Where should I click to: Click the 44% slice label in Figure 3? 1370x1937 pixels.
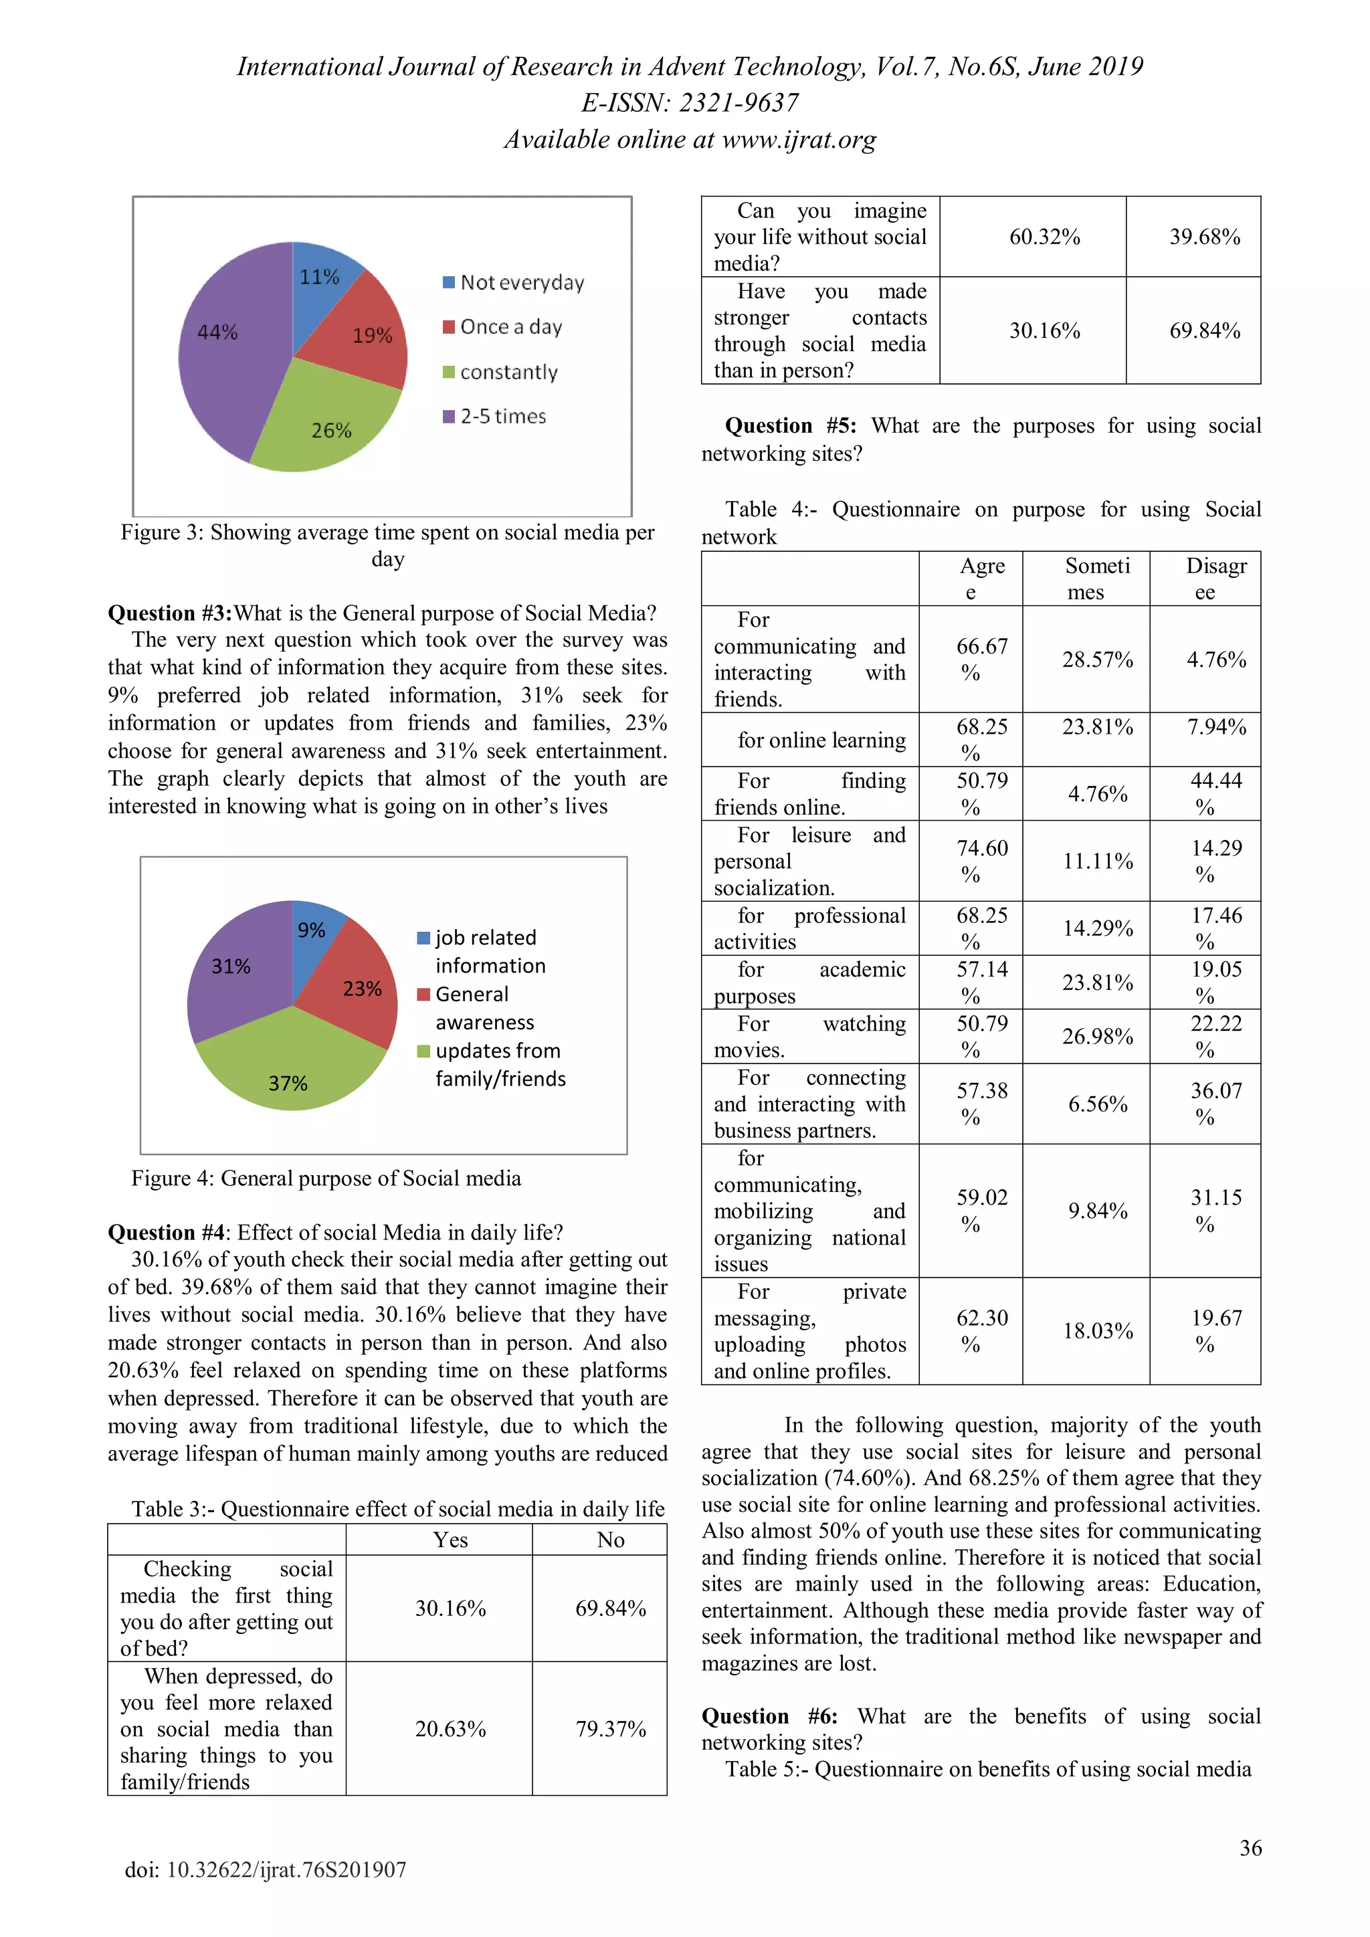217,332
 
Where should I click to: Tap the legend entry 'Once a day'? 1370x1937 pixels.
510,327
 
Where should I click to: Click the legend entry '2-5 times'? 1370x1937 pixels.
503,416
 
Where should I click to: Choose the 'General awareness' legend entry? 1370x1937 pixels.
484,1008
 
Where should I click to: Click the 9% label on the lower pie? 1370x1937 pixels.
311,930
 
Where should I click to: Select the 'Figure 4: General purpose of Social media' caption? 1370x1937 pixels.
326,1179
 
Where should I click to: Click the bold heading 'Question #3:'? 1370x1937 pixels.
169,613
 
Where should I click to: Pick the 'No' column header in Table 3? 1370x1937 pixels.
610,1540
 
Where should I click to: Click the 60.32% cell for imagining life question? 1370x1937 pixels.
1044,237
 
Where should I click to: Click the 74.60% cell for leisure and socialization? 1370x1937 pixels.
981,861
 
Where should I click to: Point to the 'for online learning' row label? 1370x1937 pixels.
821,740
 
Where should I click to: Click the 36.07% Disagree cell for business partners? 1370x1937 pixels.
1215,1104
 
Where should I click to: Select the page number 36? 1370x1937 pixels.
1250,1847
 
